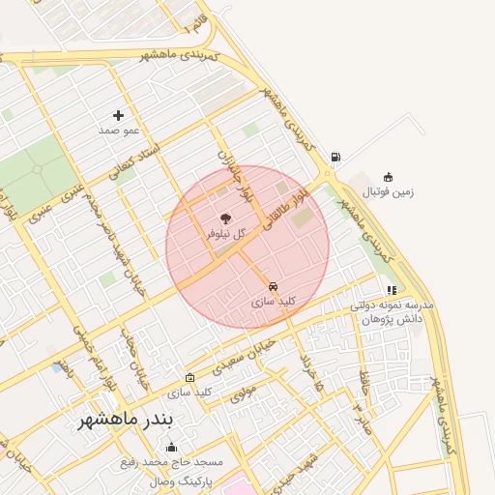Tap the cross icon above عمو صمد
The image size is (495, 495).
coord(119,115)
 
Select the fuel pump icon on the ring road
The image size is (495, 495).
coord(335,157)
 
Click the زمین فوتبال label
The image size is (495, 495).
coord(388,191)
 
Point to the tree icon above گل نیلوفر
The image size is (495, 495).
coord(225,218)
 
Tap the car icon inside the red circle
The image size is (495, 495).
coord(274,287)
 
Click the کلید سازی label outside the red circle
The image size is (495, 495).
coord(189,393)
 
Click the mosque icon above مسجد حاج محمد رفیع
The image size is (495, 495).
coord(172,447)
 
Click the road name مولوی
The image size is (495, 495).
coord(243,393)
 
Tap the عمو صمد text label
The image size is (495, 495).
coord(120,130)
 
